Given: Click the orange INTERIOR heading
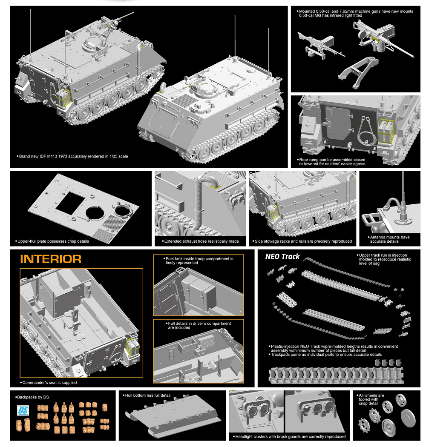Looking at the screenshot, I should [x=51, y=259].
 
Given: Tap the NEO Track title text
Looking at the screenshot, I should [x=282, y=257].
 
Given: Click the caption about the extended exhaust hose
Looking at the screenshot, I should [x=201, y=241].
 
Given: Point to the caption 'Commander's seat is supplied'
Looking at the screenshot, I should [x=49, y=383].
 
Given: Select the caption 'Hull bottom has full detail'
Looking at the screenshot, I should [x=148, y=395].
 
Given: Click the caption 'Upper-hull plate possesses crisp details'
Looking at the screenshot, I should [x=53, y=241].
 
